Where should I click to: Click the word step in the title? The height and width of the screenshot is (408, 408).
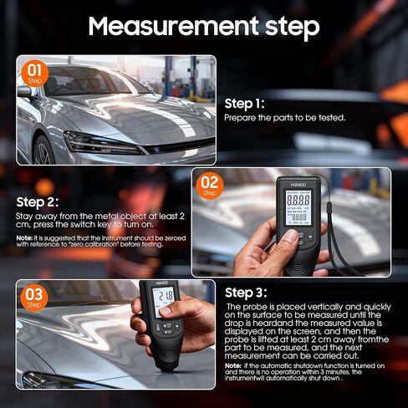click(281, 28)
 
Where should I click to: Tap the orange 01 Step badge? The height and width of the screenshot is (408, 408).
click(34, 73)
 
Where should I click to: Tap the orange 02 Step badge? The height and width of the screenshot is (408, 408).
click(209, 186)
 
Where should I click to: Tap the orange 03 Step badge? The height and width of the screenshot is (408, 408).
click(34, 298)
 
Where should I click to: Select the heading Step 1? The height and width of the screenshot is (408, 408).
click(244, 104)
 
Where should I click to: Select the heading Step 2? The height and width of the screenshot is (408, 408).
click(38, 201)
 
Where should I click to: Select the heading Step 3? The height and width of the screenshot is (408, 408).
click(246, 293)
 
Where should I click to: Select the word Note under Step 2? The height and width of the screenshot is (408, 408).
click(24, 237)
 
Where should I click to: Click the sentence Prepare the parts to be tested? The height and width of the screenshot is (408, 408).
click(284, 118)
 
